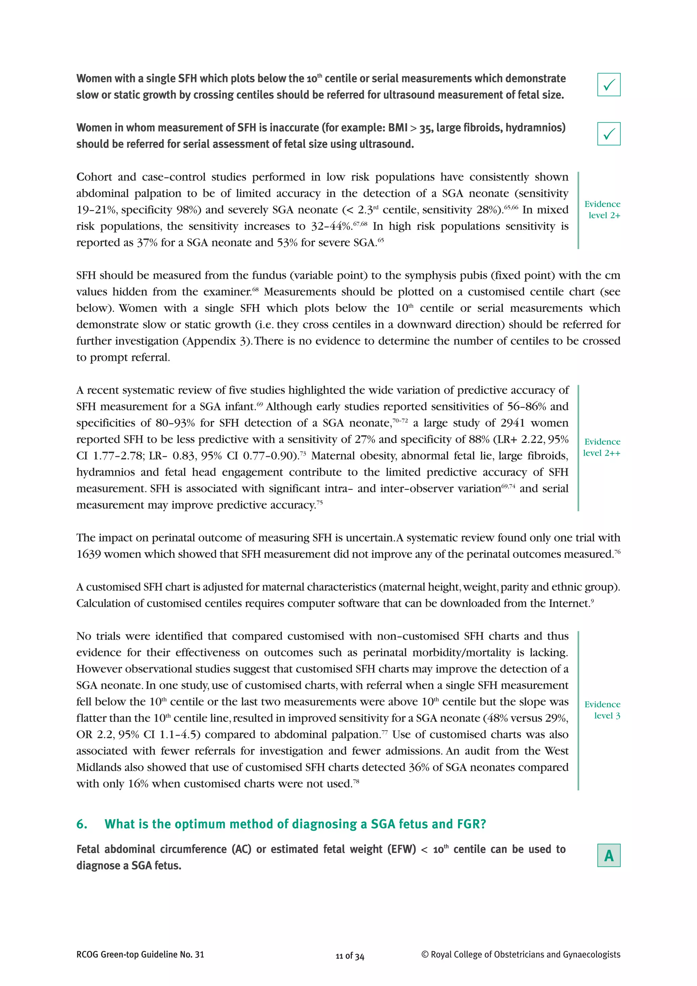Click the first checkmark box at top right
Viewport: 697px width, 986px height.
[x=609, y=84]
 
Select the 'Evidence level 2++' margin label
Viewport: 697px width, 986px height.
[x=602, y=447]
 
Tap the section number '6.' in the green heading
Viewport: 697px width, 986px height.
[x=82, y=824]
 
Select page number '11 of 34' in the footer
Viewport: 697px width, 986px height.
[x=350, y=956]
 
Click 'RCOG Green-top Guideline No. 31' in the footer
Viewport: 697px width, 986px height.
[x=140, y=955]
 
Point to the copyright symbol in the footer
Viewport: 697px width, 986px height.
[x=425, y=955]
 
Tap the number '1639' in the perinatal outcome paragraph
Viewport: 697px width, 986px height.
[x=88, y=554]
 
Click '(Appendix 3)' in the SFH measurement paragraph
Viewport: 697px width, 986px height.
[x=216, y=341]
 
